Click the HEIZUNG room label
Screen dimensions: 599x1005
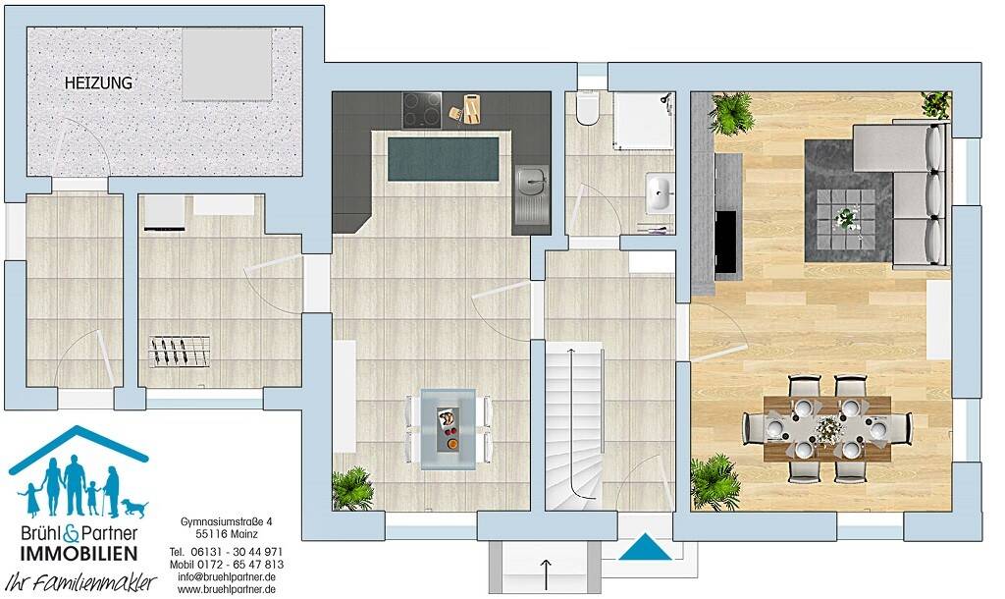[x=98, y=84]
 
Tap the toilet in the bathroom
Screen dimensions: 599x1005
[x=588, y=109]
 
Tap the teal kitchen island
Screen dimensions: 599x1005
[x=443, y=159]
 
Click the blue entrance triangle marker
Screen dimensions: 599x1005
[x=644, y=546]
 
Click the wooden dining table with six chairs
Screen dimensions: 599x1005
[x=827, y=428]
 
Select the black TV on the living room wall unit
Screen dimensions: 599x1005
[x=726, y=241]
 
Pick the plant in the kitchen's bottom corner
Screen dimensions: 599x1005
[x=351, y=488]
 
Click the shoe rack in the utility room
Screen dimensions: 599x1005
[x=180, y=351]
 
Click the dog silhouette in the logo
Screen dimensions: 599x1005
[x=134, y=507]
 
